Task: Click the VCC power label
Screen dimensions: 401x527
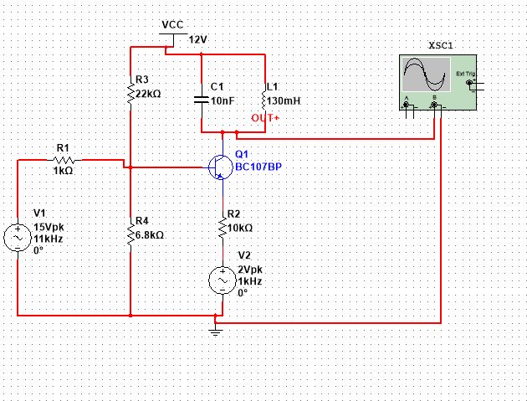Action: point(172,25)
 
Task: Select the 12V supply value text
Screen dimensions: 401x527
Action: point(197,39)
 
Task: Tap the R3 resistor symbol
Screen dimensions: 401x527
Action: point(131,94)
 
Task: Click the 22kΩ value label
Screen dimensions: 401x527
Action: point(148,94)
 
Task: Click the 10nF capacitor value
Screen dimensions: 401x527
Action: point(222,100)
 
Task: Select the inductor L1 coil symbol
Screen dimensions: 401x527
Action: point(263,100)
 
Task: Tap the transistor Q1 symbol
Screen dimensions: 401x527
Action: point(220,167)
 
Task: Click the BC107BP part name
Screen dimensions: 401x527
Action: point(258,167)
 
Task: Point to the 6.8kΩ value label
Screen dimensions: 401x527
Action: point(149,235)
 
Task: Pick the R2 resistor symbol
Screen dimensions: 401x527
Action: point(223,227)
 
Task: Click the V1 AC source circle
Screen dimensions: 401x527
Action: point(18,238)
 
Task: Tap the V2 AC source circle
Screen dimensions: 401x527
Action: point(223,280)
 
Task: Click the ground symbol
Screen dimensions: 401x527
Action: point(216,331)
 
